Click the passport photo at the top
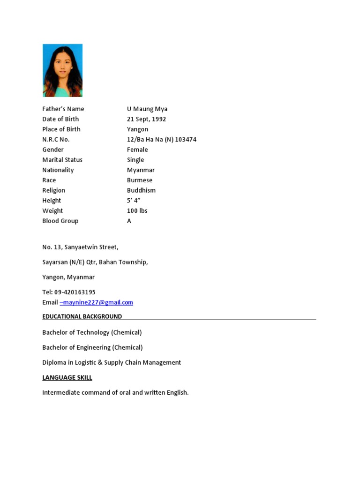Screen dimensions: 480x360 (x=62, y=70)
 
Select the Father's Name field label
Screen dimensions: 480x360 (x=63, y=109)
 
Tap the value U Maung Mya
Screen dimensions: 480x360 (x=147, y=109)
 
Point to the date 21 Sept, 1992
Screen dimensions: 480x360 (x=146, y=119)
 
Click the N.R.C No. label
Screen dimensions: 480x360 (x=56, y=140)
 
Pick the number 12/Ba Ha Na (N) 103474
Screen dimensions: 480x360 (x=162, y=140)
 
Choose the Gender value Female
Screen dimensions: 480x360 (x=137, y=150)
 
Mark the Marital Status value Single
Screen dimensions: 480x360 (x=135, y=160)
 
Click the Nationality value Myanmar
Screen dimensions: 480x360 (x=141, y=170)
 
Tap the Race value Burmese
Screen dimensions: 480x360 (x=140, y=180)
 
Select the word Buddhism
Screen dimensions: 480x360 (x=141, y=190)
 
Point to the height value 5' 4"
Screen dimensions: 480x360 (x=134, y=201)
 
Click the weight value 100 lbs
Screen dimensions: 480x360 (x=137, y=211)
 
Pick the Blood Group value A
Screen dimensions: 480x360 (x=129, y=221)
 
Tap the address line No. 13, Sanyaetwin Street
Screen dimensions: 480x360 (x=80, y=247)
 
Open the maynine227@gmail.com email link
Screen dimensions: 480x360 (x=97, y=302)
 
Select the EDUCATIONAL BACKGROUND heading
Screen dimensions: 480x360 (x=82, y=316)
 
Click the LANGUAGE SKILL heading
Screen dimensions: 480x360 (x=67, y=377)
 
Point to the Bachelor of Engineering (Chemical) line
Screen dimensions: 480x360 (x=92, y=347)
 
